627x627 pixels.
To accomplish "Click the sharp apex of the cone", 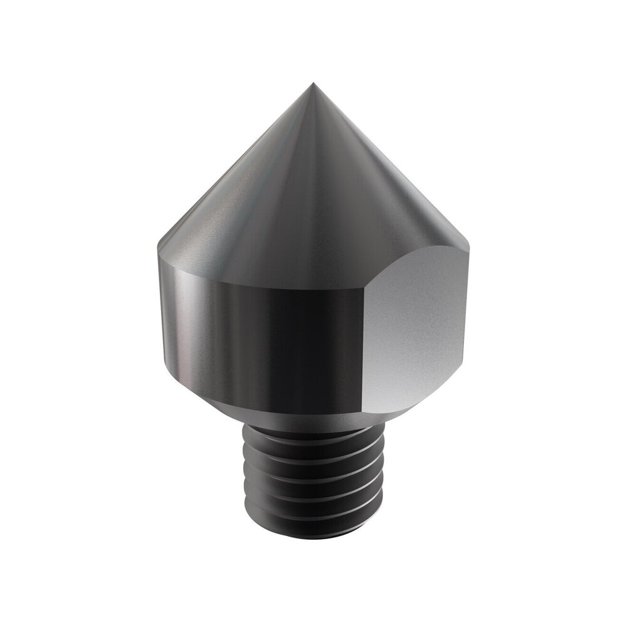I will pos(313,83).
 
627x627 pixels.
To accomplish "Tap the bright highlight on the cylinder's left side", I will pos(188,326).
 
